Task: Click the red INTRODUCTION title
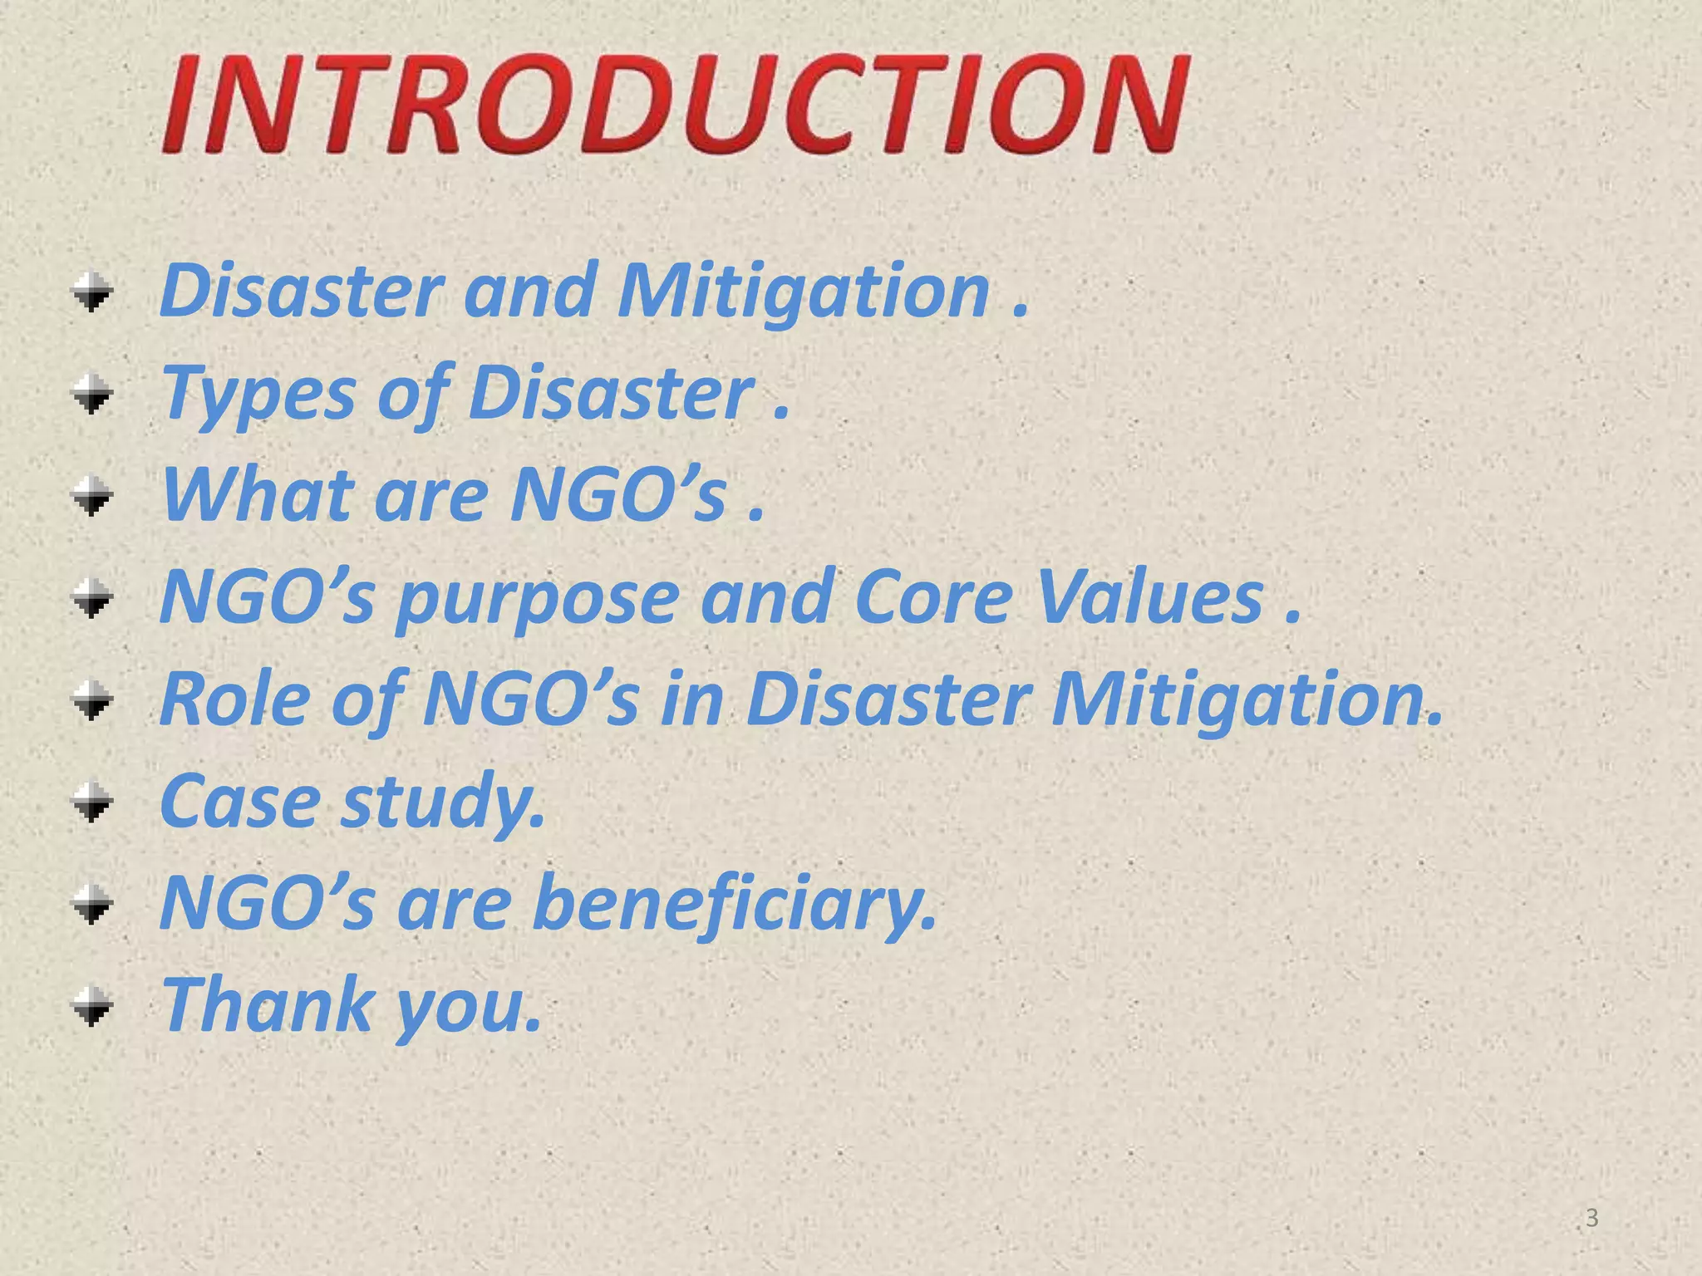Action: (675, 103)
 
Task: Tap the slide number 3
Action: (1591, 1218)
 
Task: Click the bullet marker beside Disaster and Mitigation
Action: (91, 292)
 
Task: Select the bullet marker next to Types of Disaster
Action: (91, 395)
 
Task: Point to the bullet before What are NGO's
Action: (91, 497)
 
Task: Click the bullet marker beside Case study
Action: (91, 802)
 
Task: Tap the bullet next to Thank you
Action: (91, 1007)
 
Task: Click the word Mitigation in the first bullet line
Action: (803, 292)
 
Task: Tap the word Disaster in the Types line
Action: (611, 394)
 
